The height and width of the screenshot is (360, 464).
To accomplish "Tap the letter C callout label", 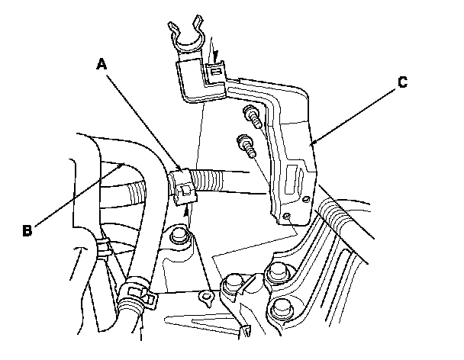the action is point(401,85).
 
